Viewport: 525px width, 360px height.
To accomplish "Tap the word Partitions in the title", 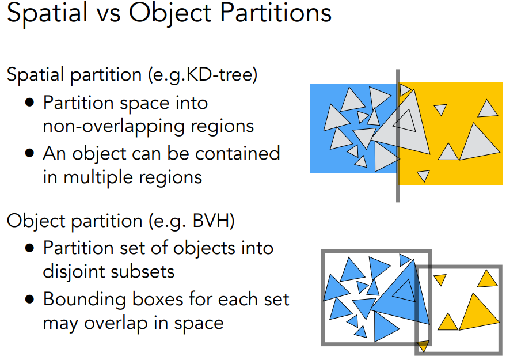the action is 276,13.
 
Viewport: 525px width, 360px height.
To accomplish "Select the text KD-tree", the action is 218,74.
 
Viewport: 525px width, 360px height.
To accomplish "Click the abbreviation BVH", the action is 210,221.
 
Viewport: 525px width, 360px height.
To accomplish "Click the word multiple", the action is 99,177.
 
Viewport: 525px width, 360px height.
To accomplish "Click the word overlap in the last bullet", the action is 117,323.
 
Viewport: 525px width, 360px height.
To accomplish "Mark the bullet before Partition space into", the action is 30,102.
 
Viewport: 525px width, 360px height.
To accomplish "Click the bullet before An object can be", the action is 30,153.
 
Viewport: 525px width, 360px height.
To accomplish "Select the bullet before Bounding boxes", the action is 30,299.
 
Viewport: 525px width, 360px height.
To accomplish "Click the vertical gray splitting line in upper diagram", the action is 398,136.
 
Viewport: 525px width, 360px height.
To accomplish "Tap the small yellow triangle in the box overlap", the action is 423,346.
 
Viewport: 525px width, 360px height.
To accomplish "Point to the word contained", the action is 237,153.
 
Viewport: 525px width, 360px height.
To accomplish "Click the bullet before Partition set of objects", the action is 30,248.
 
